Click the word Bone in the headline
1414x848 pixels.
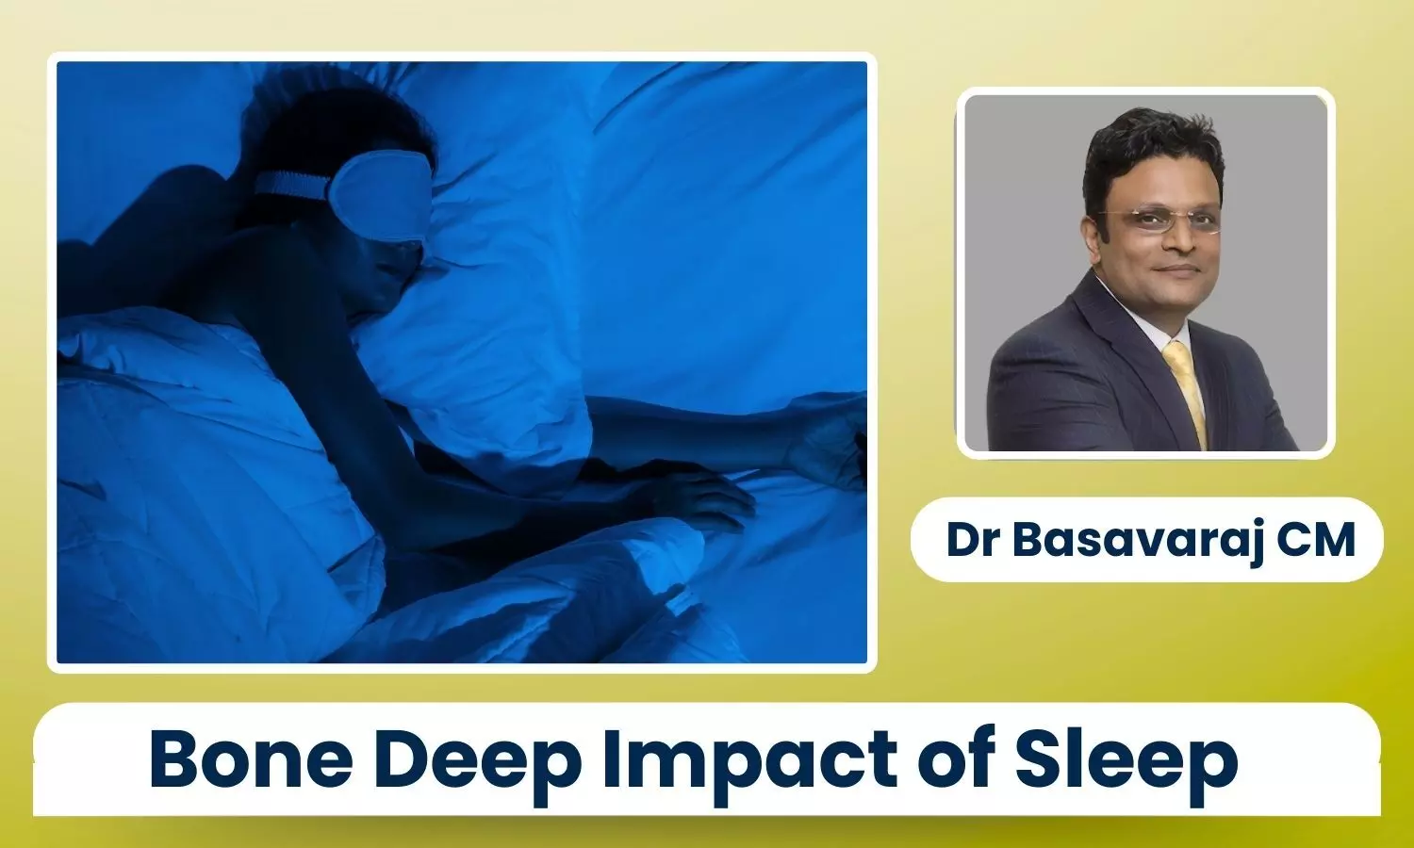(x=252, y=759)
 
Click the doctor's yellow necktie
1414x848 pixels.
(x=1187, y=391)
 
